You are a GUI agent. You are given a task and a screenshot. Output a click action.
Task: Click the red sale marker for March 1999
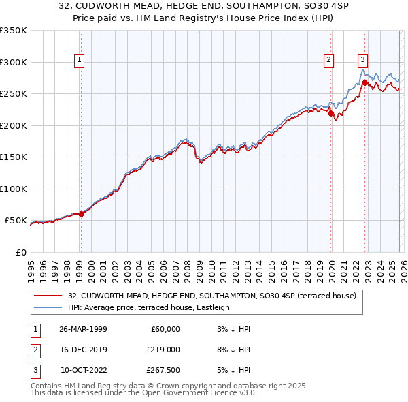[81, 214]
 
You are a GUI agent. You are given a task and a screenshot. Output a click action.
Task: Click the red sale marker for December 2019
[330, 114]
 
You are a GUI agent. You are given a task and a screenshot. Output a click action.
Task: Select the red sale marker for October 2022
[364, 83]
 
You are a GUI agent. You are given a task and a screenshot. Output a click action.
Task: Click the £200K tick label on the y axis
[14, 125]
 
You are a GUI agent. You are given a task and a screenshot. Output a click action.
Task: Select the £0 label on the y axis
[20, 252]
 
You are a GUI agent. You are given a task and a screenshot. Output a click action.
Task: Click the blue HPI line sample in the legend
[48, 307]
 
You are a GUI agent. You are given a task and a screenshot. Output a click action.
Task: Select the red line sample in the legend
[48, 296]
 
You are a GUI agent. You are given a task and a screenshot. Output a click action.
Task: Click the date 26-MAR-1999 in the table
[84, 329]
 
